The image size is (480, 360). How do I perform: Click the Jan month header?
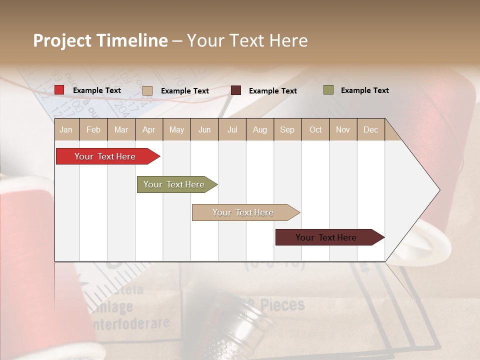click(66, 129)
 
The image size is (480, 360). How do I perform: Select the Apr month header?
click(148, 129)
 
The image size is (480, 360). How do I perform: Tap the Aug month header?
click(259, 129)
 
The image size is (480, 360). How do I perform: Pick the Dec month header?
click(370, 129)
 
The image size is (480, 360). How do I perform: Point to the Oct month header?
click(315, 129)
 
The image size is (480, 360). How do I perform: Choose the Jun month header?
click(204, 129)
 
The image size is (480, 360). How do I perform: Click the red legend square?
click(59, 90)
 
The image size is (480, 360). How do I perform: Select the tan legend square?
click(147, 90)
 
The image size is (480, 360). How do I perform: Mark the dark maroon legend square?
click(236, 90)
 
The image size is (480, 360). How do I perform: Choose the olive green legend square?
click(328, 90)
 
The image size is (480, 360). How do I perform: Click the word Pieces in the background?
click(280, 304)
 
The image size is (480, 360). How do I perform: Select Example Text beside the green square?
click(364, 90)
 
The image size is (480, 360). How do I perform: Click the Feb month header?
click(93, 129)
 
